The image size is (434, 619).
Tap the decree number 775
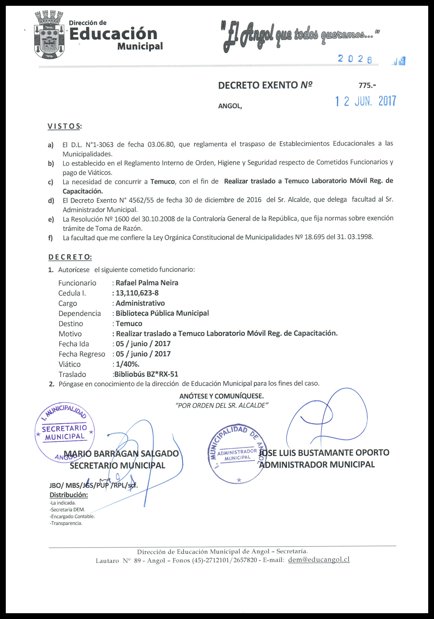367,85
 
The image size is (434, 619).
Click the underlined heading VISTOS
64,126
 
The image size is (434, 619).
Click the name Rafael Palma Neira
147,283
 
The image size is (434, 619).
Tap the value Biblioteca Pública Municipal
162,313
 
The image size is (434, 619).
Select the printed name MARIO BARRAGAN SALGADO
121,454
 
